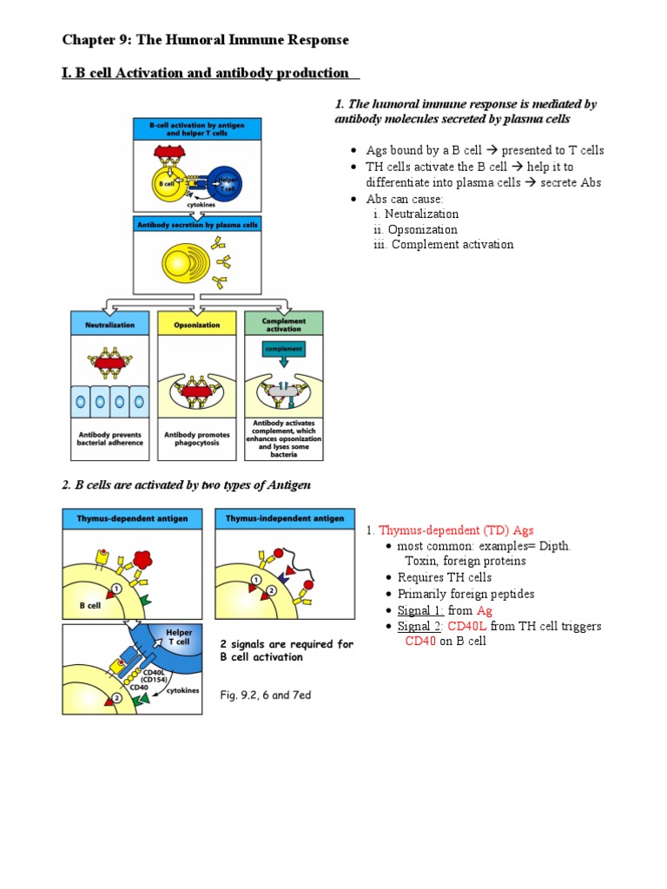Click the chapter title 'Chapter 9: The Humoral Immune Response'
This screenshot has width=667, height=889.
[x=205, y=40]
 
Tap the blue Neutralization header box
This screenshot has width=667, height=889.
[x=109, y=324]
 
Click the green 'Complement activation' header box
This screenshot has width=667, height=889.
[x=283, y=324]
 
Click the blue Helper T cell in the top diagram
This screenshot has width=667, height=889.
[x=228, y=184]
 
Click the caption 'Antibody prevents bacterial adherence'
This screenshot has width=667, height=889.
[x=109, y=438]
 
